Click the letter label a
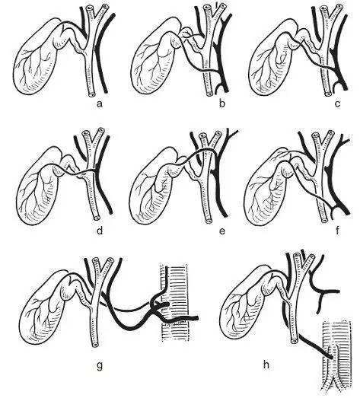click(x=100, y=103)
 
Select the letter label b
click(x=222, y=103)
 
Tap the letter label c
click(x=337, y=103)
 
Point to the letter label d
click(x=100, y=231)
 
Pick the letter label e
click(x=222, y=231)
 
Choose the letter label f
click(x=337, y=231)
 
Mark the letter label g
click(x=100, y=366)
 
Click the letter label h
click(x=266, y=365)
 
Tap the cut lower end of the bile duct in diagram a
click(x=91, y=94)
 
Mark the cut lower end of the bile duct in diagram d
click(x=96, y=218)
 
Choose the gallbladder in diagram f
click(x=266, y=188)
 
